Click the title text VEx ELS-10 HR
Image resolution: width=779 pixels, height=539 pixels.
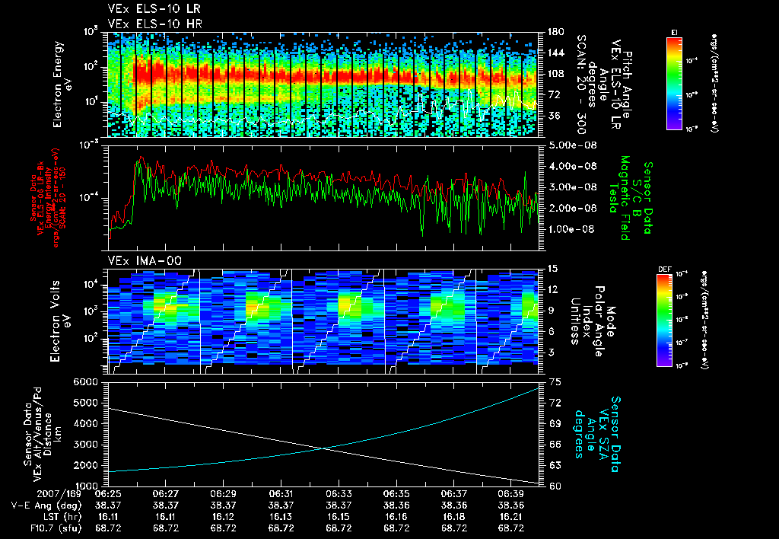point(150,24)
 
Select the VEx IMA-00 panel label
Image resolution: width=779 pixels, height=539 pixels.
point(142,261)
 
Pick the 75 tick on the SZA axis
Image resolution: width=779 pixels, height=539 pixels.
point(554,381)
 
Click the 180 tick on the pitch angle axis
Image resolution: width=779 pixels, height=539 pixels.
point(555,32)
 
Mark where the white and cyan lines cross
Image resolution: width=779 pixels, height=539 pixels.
point(326,448)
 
